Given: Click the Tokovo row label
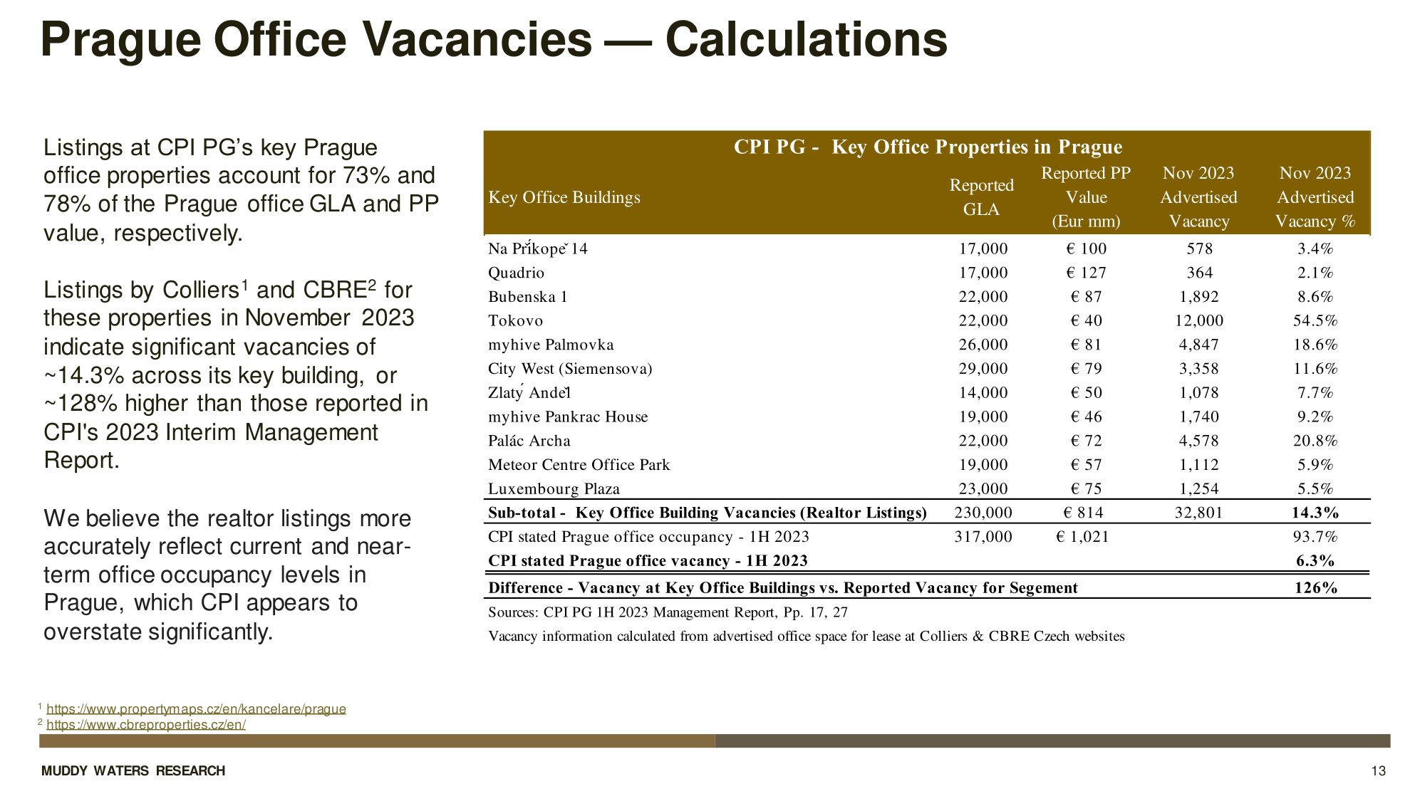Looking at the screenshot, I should (515, 320).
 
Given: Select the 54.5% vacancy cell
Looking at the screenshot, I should (1315, 320).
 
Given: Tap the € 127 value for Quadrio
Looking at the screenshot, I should (1086, 273).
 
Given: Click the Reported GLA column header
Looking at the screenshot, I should (981, 197).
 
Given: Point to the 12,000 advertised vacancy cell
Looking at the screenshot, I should (1198, 320).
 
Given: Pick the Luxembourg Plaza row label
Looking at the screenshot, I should (554, 488).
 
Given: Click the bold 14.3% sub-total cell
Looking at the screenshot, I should (1315, 513).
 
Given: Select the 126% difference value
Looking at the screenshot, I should (1315, 587).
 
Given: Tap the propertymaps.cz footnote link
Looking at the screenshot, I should (196, 708).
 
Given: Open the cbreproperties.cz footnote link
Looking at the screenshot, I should (146, 725).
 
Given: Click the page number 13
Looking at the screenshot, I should (1378, 771).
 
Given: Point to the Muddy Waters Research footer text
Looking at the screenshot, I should (133, 771).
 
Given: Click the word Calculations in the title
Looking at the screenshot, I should (806, 39).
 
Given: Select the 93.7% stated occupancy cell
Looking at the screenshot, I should (1315, 537).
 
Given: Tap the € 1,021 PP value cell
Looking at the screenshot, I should (1082, 537).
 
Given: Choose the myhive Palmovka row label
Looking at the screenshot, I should (551, 345).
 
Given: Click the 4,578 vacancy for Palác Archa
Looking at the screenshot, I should (1198, 441).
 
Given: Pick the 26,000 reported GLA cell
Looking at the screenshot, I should (983, 345).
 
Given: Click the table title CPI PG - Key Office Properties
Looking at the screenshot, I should (928, 147).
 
